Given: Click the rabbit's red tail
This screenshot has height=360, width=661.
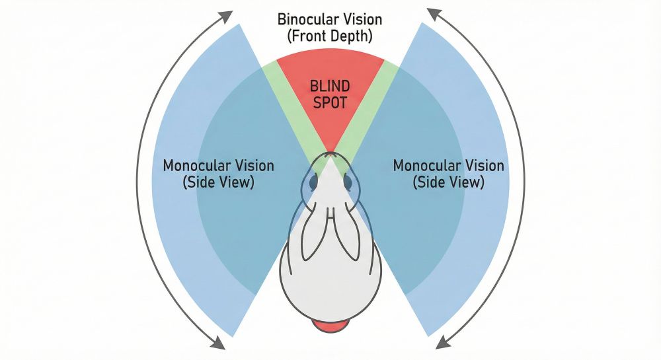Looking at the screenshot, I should (330, 325).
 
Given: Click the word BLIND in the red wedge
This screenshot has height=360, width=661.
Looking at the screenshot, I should (329, 87).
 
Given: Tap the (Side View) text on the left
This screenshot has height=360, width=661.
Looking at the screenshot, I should (218, 182).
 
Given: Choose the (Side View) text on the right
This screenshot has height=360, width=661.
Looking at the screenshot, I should (449, 182).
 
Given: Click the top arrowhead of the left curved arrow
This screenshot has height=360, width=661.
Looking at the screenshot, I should (227, 15).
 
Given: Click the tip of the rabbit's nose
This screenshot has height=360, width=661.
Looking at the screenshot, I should (330, 155).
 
